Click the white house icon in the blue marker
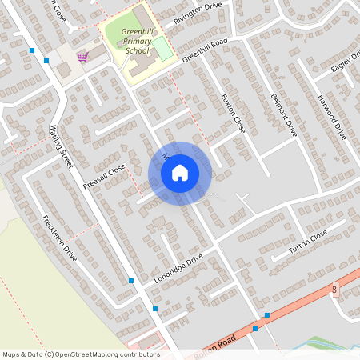[x=180, y=173]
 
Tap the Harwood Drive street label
[x=330, y=117]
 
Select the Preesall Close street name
[x=105, y=178]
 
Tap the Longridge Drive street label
[x=180, y=269]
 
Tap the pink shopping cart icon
[x=82, y=57]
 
